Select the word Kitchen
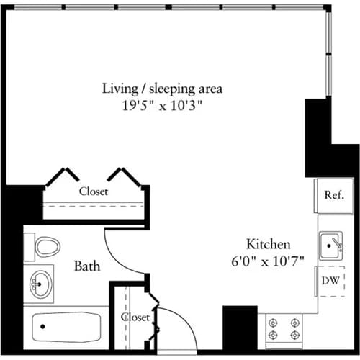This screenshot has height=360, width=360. [268, 243]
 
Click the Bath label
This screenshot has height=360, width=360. [87, 266]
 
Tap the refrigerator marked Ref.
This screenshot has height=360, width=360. [333, 195]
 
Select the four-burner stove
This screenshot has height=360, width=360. [284, 328]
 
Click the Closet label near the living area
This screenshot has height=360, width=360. [94, 192]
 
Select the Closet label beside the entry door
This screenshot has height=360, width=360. [135, 317]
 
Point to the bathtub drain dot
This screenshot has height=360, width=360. [42, 326]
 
